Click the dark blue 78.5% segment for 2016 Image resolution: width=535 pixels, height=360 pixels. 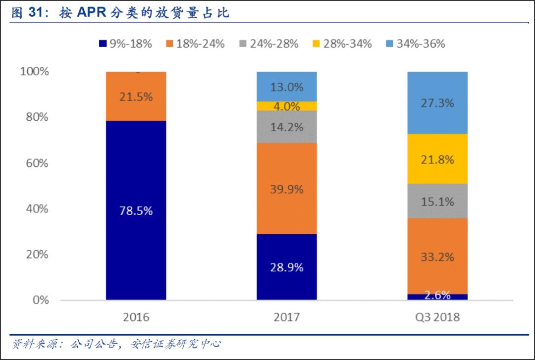tap(136, 210)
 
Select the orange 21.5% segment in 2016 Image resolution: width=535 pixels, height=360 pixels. tap(136, 96)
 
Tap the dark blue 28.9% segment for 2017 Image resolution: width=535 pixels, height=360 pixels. tap(286, 267)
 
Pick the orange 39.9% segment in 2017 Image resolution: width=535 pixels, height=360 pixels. tap(286, 189)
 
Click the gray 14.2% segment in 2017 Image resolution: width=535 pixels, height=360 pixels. tap(286, 127)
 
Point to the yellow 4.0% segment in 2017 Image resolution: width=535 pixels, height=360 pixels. tap(286, 106)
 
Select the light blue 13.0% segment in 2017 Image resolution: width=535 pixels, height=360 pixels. tap(286, 87)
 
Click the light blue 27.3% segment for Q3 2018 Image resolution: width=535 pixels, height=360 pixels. tap(437, 103)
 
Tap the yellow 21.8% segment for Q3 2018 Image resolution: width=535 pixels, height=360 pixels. tap(437, 159)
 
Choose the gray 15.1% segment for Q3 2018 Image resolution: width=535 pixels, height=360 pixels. tap(437, 201)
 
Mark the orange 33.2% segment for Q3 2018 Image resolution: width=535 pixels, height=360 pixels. tap(437, 256)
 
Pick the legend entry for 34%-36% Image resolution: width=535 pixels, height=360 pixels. tap(415, 44)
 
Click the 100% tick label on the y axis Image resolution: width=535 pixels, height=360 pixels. tap(34, 71)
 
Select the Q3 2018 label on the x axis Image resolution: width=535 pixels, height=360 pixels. tap(437, 317)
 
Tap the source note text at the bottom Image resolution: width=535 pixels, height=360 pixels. tap(116, 343)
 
